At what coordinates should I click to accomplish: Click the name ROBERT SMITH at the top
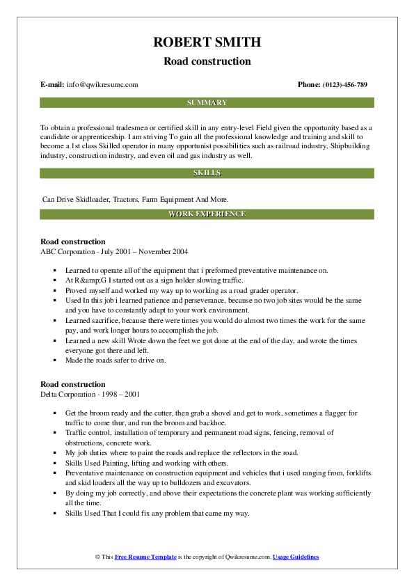point(207,42)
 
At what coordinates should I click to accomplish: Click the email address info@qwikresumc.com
point(102,85)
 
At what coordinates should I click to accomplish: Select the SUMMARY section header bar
point(207,102)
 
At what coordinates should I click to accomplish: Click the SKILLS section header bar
point(207,172)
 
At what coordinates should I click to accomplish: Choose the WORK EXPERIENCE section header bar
point(207,214)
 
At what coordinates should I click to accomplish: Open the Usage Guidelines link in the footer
point(296,557)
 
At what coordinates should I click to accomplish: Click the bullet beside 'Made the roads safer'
point(54,361)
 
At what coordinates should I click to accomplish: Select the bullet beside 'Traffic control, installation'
point(54,433)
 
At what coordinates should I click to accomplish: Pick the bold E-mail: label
point(53,85)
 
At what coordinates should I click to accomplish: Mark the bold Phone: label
point(310,85)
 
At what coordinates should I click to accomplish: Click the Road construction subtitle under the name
point(207,61)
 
